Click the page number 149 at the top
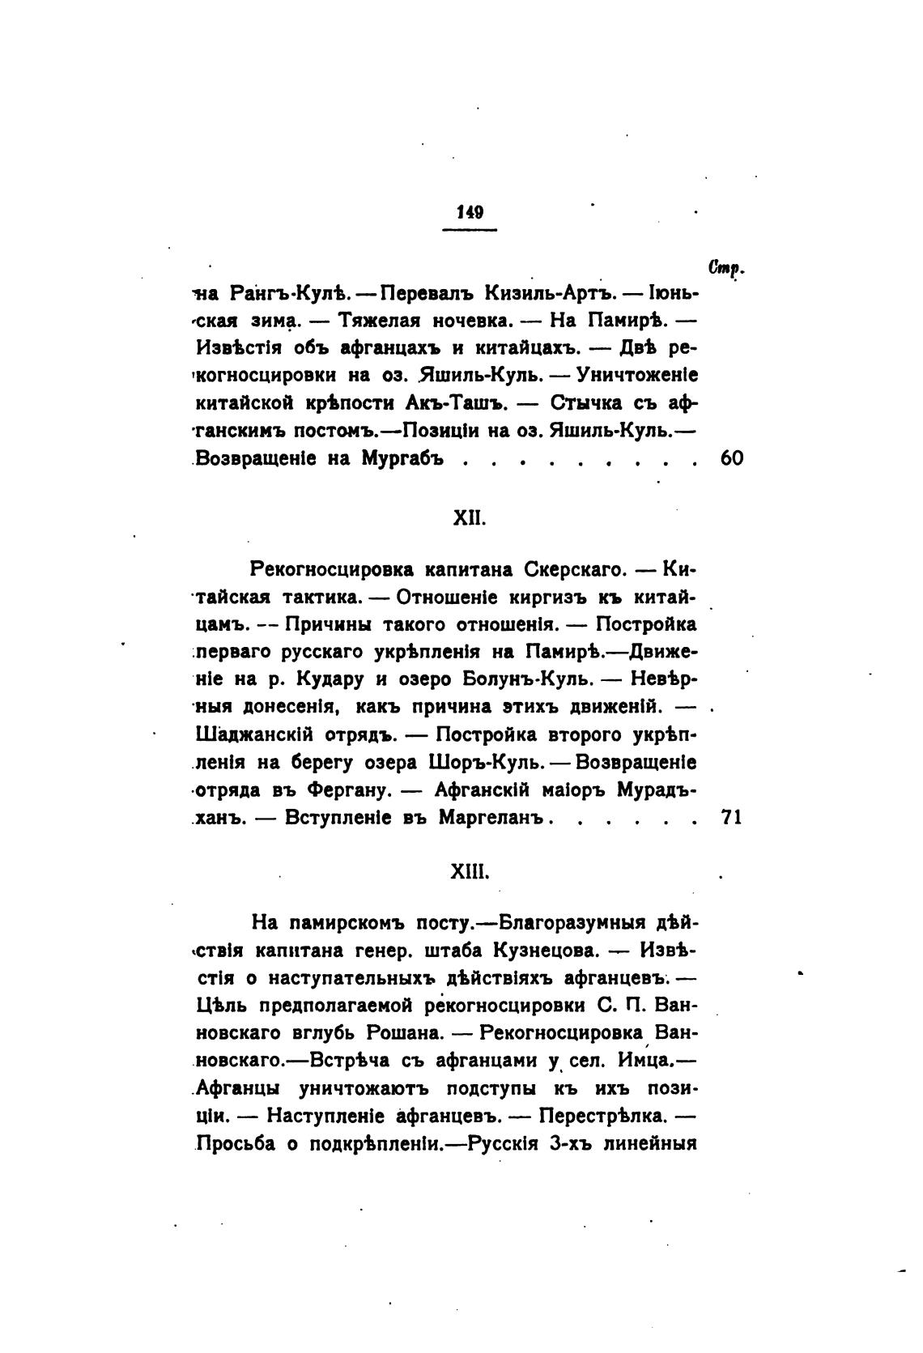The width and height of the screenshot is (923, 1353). click(470, 212)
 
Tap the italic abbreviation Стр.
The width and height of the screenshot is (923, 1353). click(725, 266)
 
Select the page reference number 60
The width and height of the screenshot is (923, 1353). click(731, 459)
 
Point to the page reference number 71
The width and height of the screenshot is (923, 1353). click(731, 818)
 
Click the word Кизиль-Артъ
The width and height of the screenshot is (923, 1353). click(545, 292)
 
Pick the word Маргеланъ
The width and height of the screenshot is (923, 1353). click(494, 818)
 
